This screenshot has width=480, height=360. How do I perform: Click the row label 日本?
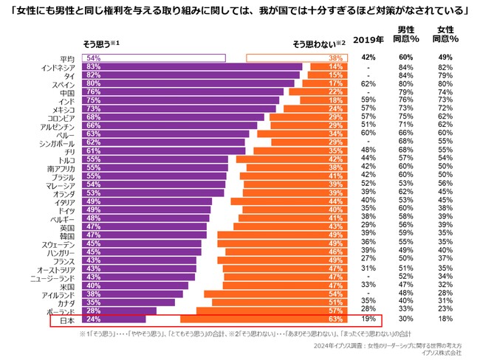[66, 321]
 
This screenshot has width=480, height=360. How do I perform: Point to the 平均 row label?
[66, 58]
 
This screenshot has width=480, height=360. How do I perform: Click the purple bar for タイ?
[192, 75]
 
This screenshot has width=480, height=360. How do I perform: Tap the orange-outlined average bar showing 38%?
[295, 58]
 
